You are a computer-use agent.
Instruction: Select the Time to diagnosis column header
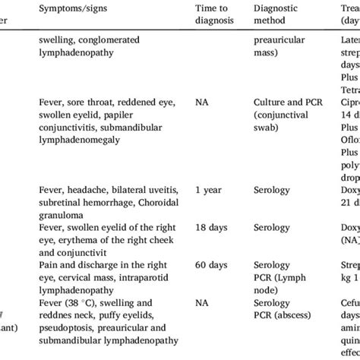[211, 14]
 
